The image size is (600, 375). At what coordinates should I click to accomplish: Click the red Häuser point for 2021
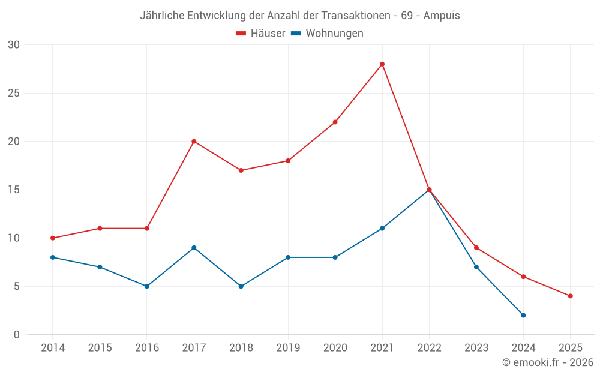[x=382, y=64]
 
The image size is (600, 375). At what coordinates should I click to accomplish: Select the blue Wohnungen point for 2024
[x=523, y=315]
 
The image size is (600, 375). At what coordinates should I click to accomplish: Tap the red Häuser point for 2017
[x=194, y=142]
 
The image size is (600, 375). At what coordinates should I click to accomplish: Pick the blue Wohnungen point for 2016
[x=147, y=286]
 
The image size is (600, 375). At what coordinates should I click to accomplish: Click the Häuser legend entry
[x=260, y=34]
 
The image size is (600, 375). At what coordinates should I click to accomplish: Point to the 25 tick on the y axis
[x=14, y=93]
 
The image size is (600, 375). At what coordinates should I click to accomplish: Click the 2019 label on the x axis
[x=288, y=348]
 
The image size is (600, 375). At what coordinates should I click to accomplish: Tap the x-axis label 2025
[x=570, y=348]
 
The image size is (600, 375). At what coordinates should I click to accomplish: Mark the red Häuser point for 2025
[x=570, y=296]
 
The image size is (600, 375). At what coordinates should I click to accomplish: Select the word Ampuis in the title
[x=442, y=16]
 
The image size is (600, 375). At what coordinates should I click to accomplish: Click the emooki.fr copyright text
[x=548, y=362]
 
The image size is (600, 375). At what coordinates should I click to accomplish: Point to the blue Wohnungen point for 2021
[x=382, y=228]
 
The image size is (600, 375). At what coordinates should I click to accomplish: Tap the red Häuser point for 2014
[x=53, y=238]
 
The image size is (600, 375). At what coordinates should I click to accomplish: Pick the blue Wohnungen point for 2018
[x=241, y=286]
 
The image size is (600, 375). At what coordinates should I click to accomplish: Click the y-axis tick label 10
[x=14, y=238]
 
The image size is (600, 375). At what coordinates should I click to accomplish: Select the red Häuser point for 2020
[x=335, y=122]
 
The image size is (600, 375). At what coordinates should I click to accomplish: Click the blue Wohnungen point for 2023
[x=476, y=267]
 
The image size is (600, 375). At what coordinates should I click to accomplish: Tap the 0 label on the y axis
[x=17, y=335]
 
